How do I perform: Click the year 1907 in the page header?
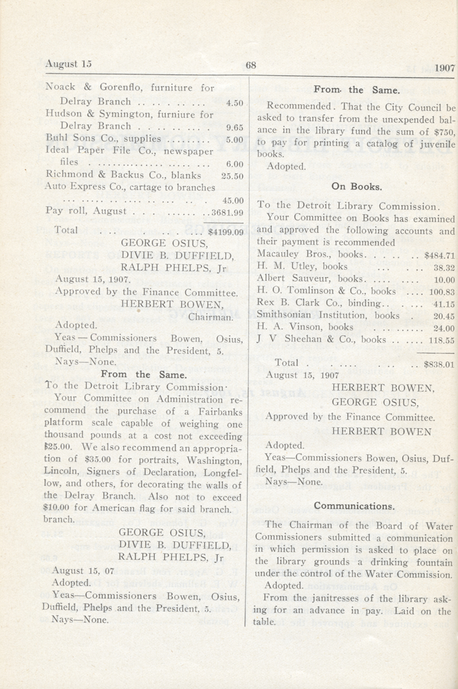tap(445, 67)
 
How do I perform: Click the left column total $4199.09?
tap(225, 231)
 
